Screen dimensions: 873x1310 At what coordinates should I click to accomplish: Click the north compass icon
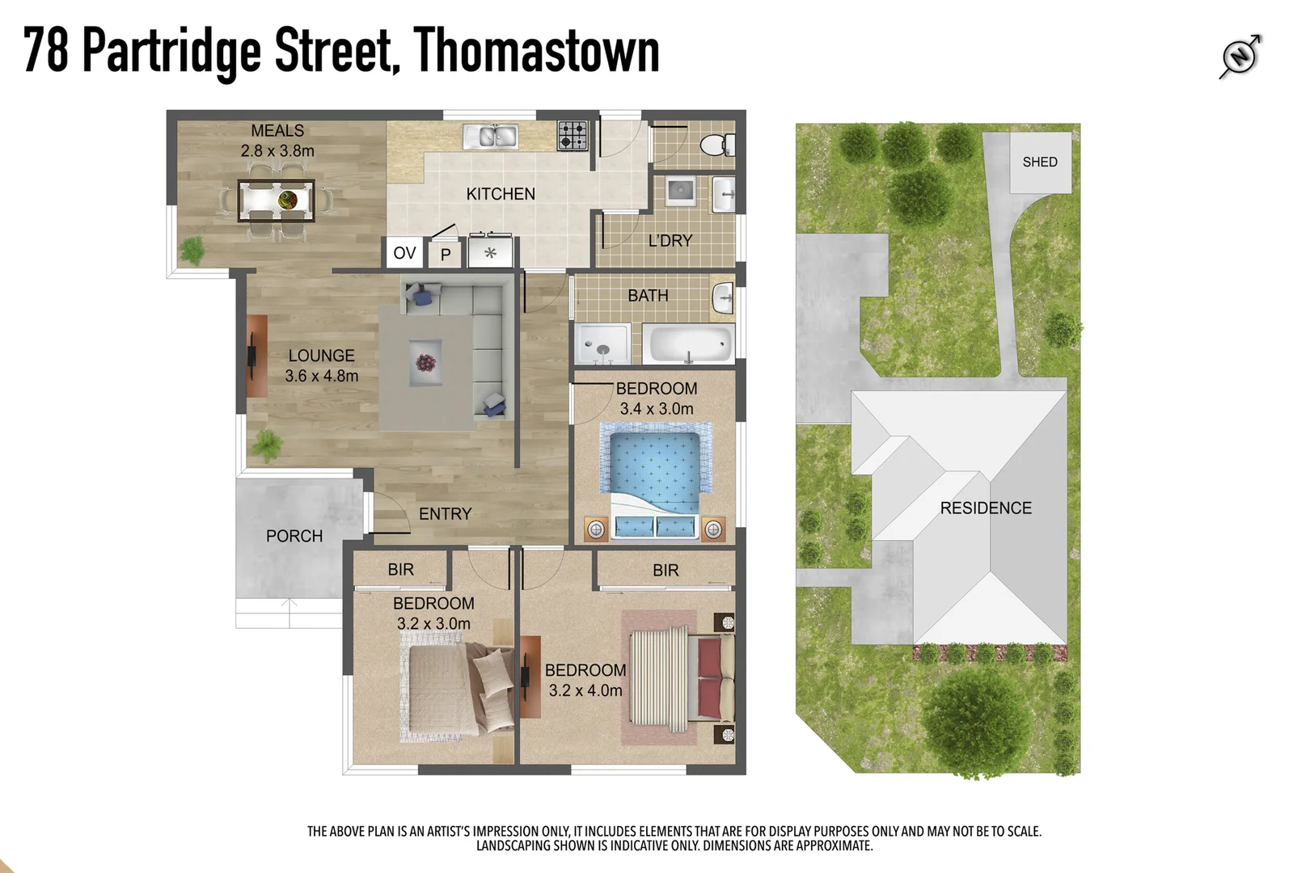point(1240,56)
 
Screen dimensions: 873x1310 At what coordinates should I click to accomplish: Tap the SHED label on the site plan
point(1039,162)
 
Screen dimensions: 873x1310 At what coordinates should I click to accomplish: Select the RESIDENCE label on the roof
point(986,508)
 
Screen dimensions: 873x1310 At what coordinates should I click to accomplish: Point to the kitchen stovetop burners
point(573,136)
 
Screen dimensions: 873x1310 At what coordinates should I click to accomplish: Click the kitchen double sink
point(491,137)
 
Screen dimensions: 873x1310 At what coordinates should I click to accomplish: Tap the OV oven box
point(404,253)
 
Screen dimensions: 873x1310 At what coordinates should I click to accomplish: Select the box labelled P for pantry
point(446,255)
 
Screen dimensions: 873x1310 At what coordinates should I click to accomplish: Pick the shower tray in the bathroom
point(602,344)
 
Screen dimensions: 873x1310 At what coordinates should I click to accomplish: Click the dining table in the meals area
point(277,200)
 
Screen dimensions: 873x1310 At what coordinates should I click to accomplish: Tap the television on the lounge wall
point(252,356)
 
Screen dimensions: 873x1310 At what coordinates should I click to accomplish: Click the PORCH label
point(294,536)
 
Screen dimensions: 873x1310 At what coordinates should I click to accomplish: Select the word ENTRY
point(445,513)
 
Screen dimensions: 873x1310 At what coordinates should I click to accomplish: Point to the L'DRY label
point(670,240)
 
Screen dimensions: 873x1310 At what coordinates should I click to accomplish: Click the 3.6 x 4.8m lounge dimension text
point(321,376)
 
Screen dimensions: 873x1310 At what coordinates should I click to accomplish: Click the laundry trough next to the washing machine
point(725,194)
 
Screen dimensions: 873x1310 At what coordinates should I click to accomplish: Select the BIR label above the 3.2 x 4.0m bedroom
point(666,570)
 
